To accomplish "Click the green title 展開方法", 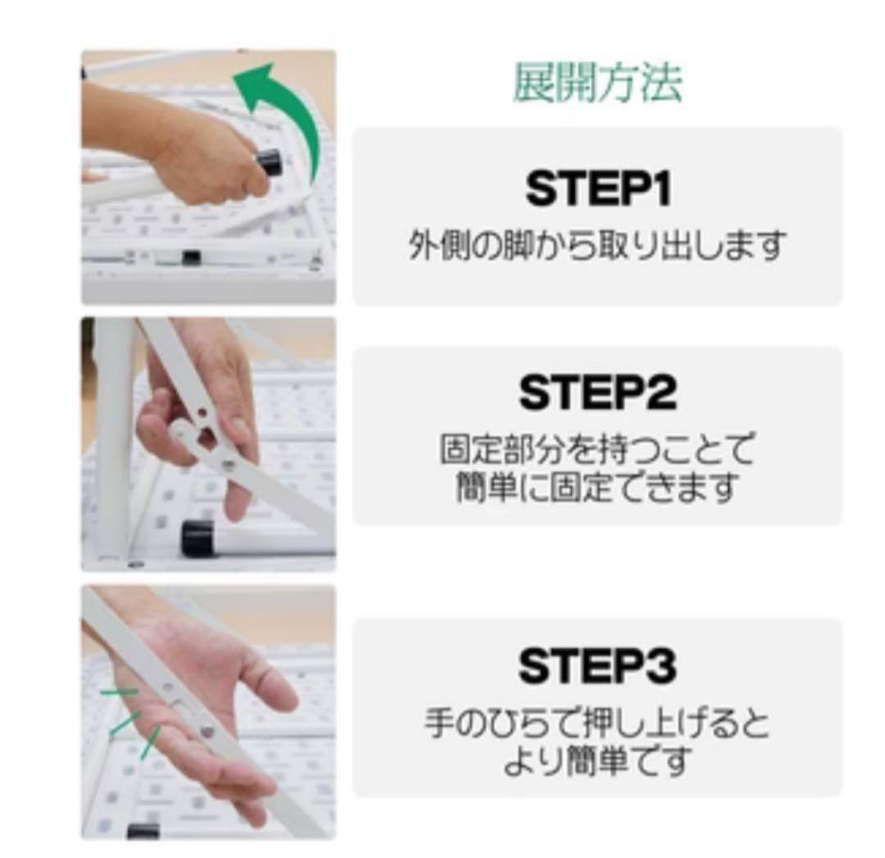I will [x=597, y=83].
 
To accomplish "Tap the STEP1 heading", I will [x=597, y=189].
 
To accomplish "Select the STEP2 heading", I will [x=597, y=393].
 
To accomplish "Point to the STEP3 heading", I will [x=597, y=666].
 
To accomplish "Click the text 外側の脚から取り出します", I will [x=597, y=244].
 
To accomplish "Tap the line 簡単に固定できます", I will [x=597, y=488].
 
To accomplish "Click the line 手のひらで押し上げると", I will [x=597, y=724].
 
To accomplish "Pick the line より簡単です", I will [x=597, y=761].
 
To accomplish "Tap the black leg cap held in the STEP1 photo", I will [x=270, y=161].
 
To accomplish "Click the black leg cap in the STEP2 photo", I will [x=199, y=537].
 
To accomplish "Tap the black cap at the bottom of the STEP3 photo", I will [x=143, y=831].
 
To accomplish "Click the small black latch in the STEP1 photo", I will [x=191, y=257].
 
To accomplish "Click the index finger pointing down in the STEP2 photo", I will [x=238, y=492].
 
